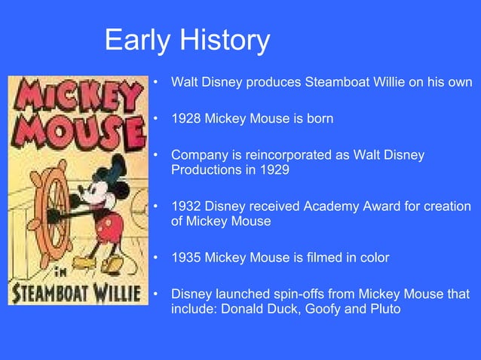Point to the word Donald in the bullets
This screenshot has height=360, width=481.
click(257, 308)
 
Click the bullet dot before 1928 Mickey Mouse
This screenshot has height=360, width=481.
click(155, 119)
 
